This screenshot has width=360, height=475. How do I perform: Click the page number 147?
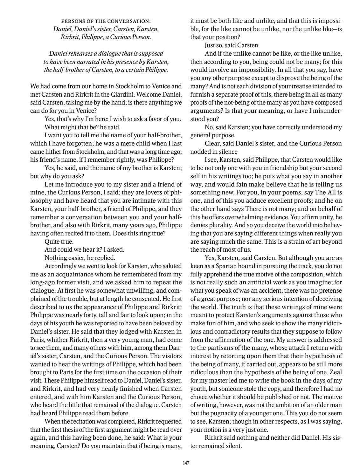186,463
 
